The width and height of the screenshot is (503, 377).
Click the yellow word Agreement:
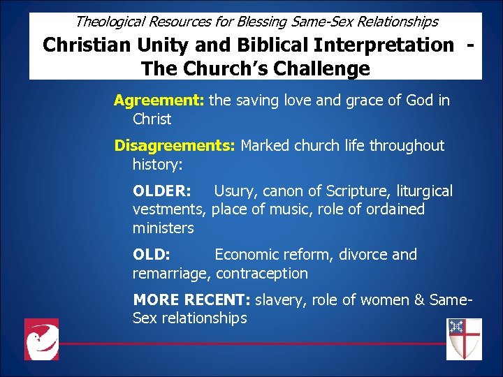point(159,101)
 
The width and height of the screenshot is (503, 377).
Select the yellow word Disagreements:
point(175,146)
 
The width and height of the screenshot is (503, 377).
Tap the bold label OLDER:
point(162,191)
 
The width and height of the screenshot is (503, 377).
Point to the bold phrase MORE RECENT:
point(191,300)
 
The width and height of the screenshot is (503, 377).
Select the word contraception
point(262,274)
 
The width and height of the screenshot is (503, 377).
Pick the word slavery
point(281,300)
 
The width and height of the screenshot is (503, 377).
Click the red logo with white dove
point(41,339)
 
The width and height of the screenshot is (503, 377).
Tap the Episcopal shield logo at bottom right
point(464,339)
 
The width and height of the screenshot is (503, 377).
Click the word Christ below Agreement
point(152,119)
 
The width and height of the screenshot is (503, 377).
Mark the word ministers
point(163,228)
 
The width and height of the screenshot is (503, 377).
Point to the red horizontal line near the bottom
point(251,343)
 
